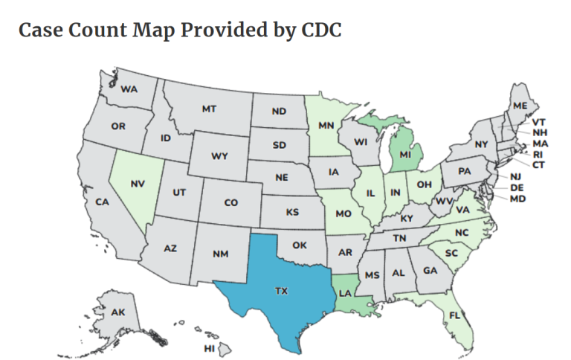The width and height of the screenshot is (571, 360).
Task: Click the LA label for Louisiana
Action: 344,294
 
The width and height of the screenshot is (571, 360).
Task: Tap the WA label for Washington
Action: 129,89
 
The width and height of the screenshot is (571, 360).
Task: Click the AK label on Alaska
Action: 119,312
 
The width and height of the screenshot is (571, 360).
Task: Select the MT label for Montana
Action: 209,109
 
